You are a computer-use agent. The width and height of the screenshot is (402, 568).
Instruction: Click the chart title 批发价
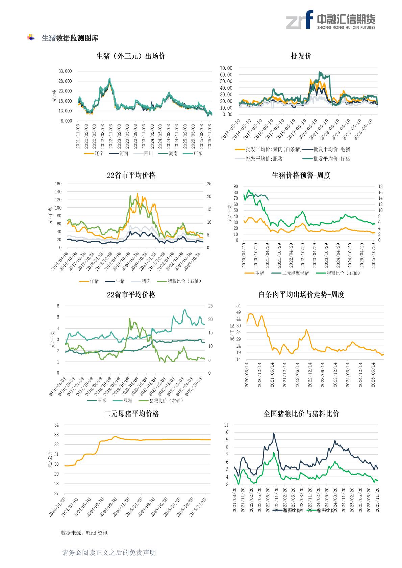[301, 56]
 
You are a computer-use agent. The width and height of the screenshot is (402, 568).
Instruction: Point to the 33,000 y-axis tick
[65, 71]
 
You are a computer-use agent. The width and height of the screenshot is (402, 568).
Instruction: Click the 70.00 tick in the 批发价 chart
[226, 68]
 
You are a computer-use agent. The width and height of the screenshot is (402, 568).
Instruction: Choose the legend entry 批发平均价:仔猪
[331, 159]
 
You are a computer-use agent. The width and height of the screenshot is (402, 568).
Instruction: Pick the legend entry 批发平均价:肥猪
[264, 159]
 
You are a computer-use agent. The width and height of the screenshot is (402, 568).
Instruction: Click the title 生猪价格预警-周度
[301, 175]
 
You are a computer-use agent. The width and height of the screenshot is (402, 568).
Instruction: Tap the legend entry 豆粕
[128, 401]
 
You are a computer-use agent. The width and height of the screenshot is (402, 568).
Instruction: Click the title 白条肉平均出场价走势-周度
[301, 295]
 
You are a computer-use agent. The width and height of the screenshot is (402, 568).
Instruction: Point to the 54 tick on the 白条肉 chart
[238, 305]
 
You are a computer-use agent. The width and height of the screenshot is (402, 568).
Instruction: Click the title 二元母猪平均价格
[131, 414]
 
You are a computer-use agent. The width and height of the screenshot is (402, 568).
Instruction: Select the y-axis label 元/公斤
[50, 459]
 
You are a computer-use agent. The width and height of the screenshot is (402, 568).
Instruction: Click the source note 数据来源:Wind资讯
[84, 533]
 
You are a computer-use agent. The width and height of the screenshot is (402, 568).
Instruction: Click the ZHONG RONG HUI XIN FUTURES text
[346, 27]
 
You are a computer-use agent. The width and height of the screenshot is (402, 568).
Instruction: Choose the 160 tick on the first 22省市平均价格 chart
[58, 184]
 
